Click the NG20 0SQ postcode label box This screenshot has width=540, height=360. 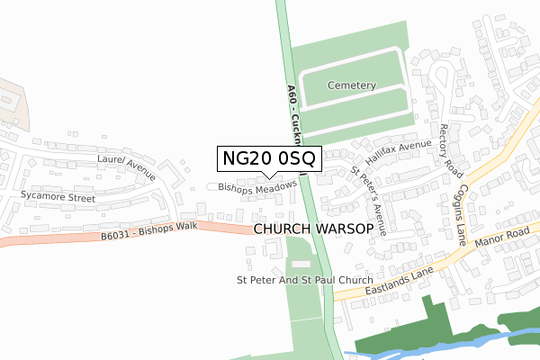pos(267,157)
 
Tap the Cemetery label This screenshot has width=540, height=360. pos(351,85)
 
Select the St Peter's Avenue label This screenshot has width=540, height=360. pos(370,200)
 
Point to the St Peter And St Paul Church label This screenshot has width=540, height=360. pos(304,280)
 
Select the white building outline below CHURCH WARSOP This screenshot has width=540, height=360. pos(301,262)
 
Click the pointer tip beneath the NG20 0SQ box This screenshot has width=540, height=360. pos(267,175)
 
